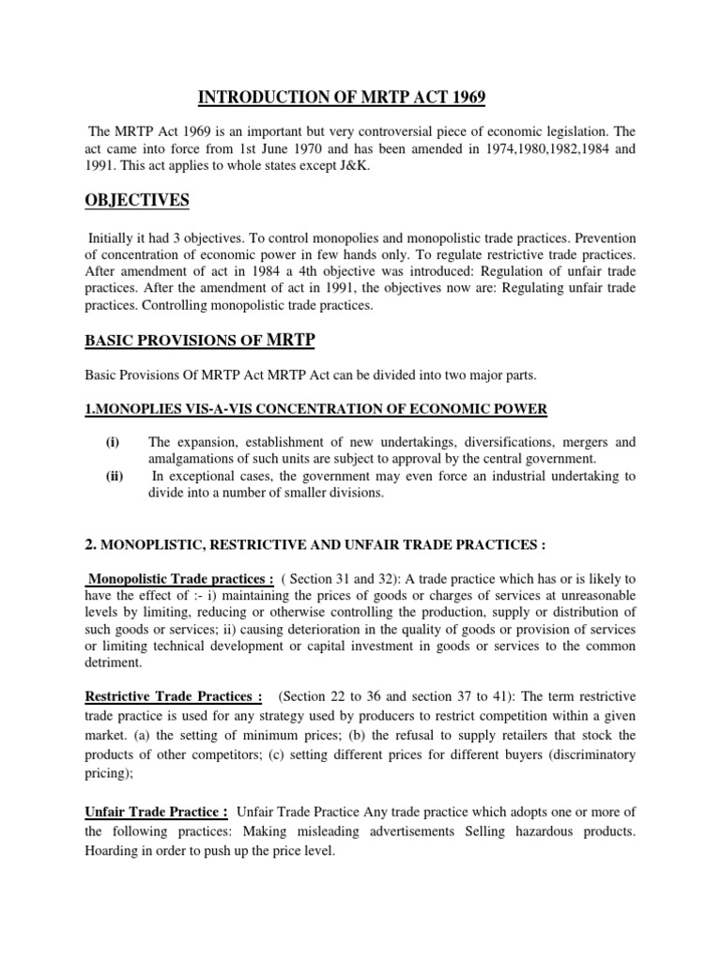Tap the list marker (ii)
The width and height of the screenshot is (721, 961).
pyautogui.click(x=114, y=476)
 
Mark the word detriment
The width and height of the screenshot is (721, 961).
pyautogui.click(x=115, y=663)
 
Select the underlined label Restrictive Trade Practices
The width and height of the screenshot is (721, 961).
pyautogui.click(x=174, y=696)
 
